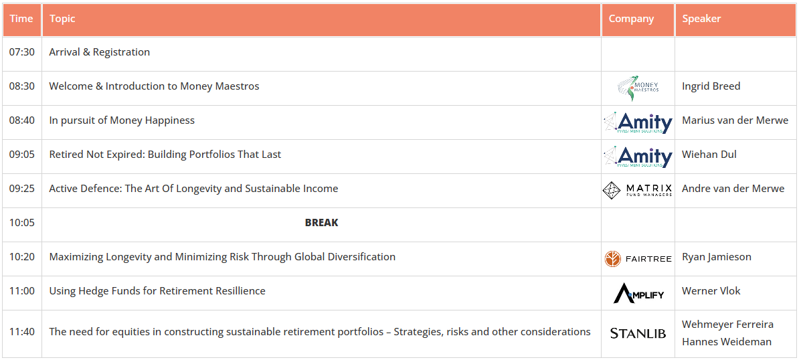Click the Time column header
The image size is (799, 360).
pyautogui.click(x=21, y=19)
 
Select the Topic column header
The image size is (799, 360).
pyautogui.click(x=62, y=19)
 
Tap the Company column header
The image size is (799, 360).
pyautogui.click(x=631, y=19)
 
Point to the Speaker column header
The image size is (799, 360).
pyautogui.click(x=701, y=19)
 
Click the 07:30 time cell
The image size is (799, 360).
pyautogui.click(x=22, y=52)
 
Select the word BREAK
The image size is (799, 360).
pyautogui.click(x=321, y=223)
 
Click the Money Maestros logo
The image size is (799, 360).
pyautogui.click(x=638, y=88)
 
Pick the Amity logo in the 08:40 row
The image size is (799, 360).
pyautogui.click(x=638, y=122)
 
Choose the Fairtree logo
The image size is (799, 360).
pyautogui.click(x=638, y=259)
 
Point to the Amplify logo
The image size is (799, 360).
pyautogui.click(x=638, y=293)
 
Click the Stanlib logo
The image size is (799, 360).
pyautogui.click(x=638, y=333)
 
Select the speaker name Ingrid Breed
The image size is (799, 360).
pyautogui.click(x=711, y=86)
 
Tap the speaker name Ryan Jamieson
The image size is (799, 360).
pyautogui.click(x=717, y=257)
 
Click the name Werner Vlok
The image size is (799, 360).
pyautogui.click(x=711, y=291)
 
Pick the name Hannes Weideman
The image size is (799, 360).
pyautogui.click(x=727, y=341)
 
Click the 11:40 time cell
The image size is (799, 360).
pyautogui.click(x=22, y=331)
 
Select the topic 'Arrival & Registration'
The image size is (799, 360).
pyautogui.click(x=99, y=52)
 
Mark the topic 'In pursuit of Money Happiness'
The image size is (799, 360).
pyautogui.click(x=122, y=120)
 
